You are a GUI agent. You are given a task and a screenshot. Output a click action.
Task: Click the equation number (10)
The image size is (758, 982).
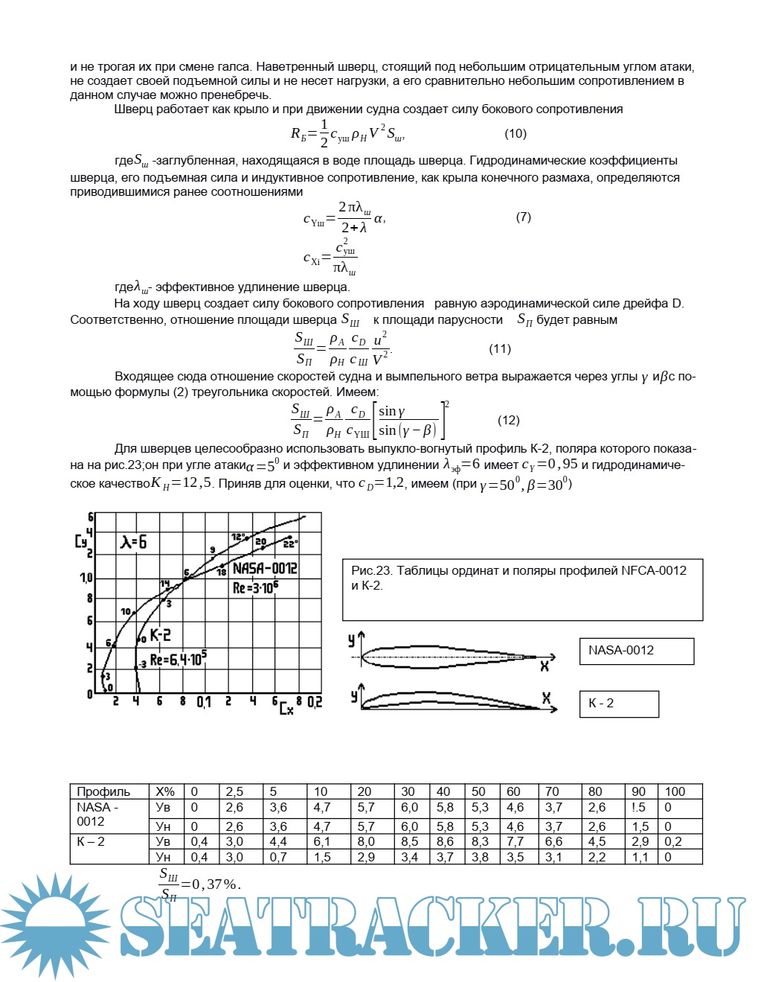tap(515, 134)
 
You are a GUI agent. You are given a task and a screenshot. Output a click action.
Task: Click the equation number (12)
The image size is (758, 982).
tap(509, 421)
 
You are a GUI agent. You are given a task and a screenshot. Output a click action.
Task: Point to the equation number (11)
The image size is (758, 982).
tap(500, 349)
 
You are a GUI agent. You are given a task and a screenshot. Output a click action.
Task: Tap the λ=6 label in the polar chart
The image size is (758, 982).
tap(134, 542)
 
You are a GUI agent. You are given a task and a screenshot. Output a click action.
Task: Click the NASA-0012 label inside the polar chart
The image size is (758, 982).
tap(265, 569)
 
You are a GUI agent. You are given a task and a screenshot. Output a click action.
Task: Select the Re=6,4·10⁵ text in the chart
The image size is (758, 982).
tap(179, 659)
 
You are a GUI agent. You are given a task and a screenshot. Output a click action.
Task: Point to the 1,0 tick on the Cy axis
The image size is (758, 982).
tap(86, 578)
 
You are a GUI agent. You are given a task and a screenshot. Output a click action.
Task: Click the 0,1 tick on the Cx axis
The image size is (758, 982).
tap(204, 702)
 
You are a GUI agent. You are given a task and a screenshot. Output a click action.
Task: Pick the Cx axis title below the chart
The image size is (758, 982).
tap(286, 708)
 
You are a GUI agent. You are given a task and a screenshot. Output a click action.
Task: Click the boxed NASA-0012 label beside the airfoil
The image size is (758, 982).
tap(636, 651)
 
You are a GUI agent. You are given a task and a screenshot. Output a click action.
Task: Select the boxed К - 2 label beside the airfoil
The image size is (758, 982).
tap(619, 704)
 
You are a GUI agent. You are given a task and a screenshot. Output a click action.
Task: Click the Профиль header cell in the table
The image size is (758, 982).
tap(103, 792)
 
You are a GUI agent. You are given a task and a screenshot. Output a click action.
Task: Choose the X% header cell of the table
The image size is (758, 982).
tap(165, 792)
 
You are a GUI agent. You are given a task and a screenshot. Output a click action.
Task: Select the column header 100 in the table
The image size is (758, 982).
tap(675, 792)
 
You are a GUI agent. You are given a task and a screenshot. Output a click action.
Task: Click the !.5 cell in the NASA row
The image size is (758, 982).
tap(638, 808)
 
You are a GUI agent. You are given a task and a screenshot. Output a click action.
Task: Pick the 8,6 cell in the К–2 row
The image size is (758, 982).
tap(445, 842)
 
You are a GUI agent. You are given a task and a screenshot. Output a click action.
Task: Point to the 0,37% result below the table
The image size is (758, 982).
tap(216, 884)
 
